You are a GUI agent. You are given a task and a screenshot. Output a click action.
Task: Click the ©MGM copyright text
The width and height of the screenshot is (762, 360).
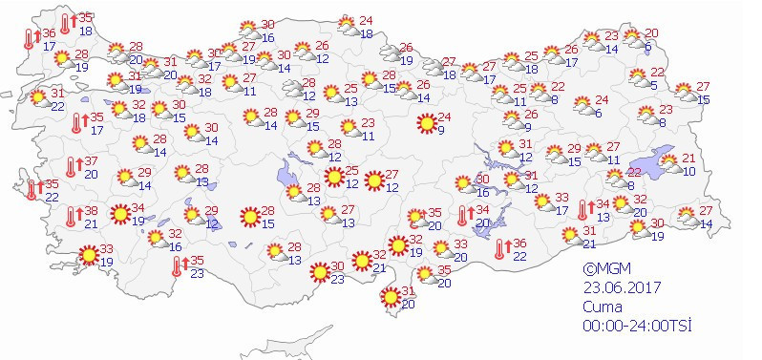point(609,270)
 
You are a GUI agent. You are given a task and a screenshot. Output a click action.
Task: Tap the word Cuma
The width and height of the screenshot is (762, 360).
point(603,307)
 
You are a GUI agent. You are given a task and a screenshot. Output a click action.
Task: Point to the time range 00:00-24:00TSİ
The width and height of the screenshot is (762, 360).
point(637,326)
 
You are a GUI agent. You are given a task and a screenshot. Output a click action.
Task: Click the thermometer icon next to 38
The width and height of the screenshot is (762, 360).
point(71,217)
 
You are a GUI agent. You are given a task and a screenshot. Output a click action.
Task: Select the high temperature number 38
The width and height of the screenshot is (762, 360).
point(91,211)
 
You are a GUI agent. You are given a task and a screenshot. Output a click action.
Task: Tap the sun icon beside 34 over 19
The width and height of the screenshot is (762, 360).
point(120,214)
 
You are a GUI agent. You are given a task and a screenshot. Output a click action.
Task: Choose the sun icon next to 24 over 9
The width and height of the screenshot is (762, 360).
point(426,123)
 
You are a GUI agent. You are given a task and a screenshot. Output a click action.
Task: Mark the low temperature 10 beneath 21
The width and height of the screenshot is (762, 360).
point(688,171)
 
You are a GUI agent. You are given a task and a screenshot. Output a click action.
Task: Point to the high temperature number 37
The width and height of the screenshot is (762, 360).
point(91,160)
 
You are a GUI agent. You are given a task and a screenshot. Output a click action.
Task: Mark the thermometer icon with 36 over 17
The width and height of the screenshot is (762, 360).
point(29,39)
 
